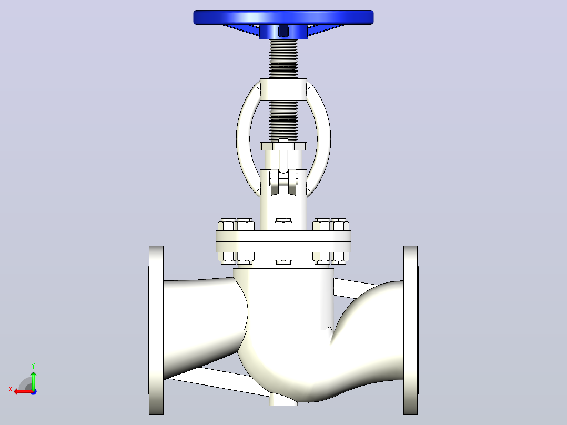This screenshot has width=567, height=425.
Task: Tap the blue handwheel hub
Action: [x=283, y=32]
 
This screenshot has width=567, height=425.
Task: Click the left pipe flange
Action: [x=156, y=330]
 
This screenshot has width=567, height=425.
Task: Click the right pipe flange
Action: [x=411, y=330]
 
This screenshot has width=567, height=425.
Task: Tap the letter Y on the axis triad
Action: [x=33, y=366]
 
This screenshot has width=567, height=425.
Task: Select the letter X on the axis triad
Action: [x=11, y=389]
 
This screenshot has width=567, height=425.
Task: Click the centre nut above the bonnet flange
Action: [x=283, y=225]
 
